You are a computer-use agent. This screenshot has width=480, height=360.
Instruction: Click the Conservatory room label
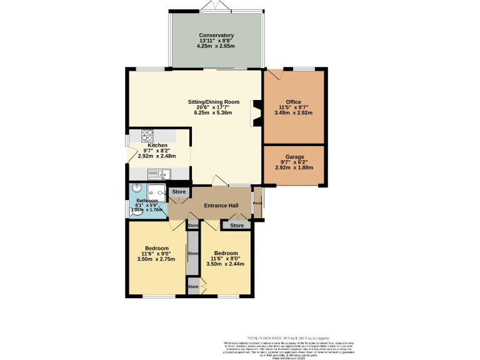(216, 35)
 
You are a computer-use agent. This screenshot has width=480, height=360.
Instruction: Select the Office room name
(294, 102)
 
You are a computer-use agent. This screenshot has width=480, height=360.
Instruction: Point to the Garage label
(294, 157)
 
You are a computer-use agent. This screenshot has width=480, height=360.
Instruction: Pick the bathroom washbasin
(136, 190)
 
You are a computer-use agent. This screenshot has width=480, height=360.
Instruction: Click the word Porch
(257, 202)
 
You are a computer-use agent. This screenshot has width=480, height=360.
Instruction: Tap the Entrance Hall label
(221, 206)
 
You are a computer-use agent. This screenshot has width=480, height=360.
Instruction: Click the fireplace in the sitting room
(256, 112)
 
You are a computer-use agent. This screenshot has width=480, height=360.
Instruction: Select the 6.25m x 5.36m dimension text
(214, 113)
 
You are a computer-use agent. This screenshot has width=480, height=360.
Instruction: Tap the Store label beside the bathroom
(179, 191)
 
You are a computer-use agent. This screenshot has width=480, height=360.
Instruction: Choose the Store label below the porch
(236, 225)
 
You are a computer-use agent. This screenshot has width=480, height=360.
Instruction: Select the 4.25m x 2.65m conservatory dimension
(216, 46)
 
